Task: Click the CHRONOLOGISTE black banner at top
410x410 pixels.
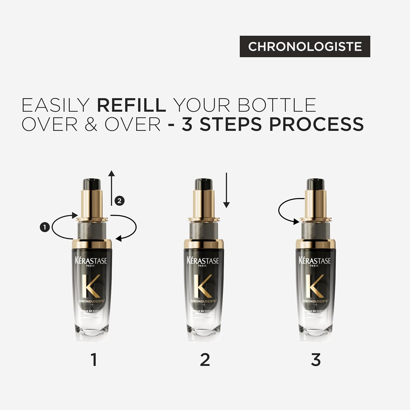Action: (x=305, y=46)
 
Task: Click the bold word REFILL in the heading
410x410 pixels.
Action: (x=131, y=105)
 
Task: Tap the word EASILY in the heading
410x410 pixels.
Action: (x=55, y=105)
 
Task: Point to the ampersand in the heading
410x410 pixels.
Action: (x=91, y=125)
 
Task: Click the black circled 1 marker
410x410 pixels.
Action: (x=45, y=227)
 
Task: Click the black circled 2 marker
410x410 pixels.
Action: (x=119, y=201)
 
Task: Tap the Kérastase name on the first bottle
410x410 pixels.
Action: (x=91, y=260)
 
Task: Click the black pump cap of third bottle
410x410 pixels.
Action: (x=315, y=184)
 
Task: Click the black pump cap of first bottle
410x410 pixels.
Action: (x=92, y=184)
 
